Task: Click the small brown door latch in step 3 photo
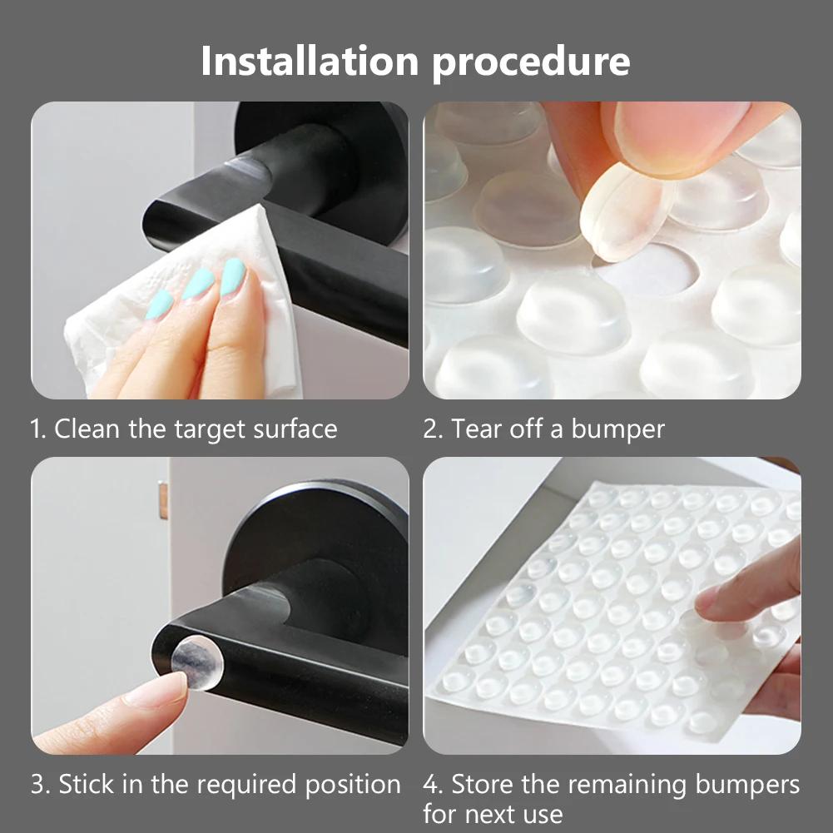163,499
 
